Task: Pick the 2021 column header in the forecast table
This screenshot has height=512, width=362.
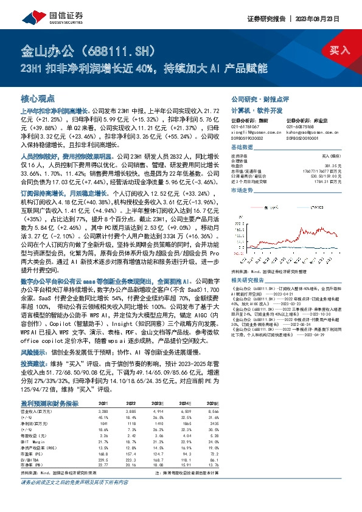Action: pyautogui.click(x=103, y=404)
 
